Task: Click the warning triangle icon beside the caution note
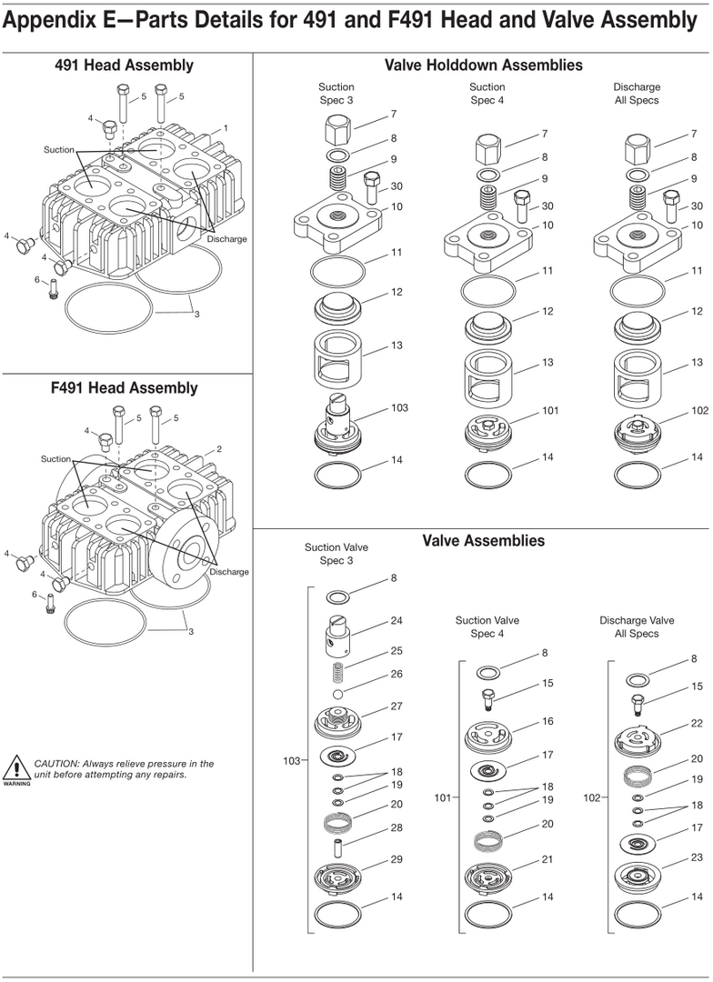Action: pyautogui.click(x=15, y=768)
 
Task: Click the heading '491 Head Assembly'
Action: pyautogui.click(x=124, y=65)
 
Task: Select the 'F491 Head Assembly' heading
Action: pyautogui.click(x=124, y=388)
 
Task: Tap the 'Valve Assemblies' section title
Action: pyautogui.click(x=483, y=540)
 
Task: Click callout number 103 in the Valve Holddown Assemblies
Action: pyautogui.click(x=399, y=407)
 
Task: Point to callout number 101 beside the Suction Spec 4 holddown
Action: pyautogui.click(x=549, y=410)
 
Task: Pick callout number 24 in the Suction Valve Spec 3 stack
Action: pyautogui.click(x=396, y=621)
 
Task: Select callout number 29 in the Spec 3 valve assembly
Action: pyautogui.click(x=396, y=859)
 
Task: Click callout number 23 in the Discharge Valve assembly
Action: pyautogui.click(x=697, y=857)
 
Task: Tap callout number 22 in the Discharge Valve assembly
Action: pyautogui.click(x=697, y=723)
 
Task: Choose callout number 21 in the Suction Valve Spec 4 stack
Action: pyautogui.click(x=547, y=859)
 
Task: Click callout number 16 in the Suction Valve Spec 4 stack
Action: pyautogui.click(x=547, y=721)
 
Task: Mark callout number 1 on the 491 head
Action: pyautogui.click(x=226, y=128)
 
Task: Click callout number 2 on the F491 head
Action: pyautogui.click(x=218, y=449)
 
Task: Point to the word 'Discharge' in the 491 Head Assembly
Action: pyautogui.click(x=226, y=239)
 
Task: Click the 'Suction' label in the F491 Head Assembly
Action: pyautogui.click(x=55, y=459)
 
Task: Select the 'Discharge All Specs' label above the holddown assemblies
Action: pyautogui.click(x=637, y=94)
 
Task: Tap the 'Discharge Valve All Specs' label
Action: pyautogui.click(x=637, y=626)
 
